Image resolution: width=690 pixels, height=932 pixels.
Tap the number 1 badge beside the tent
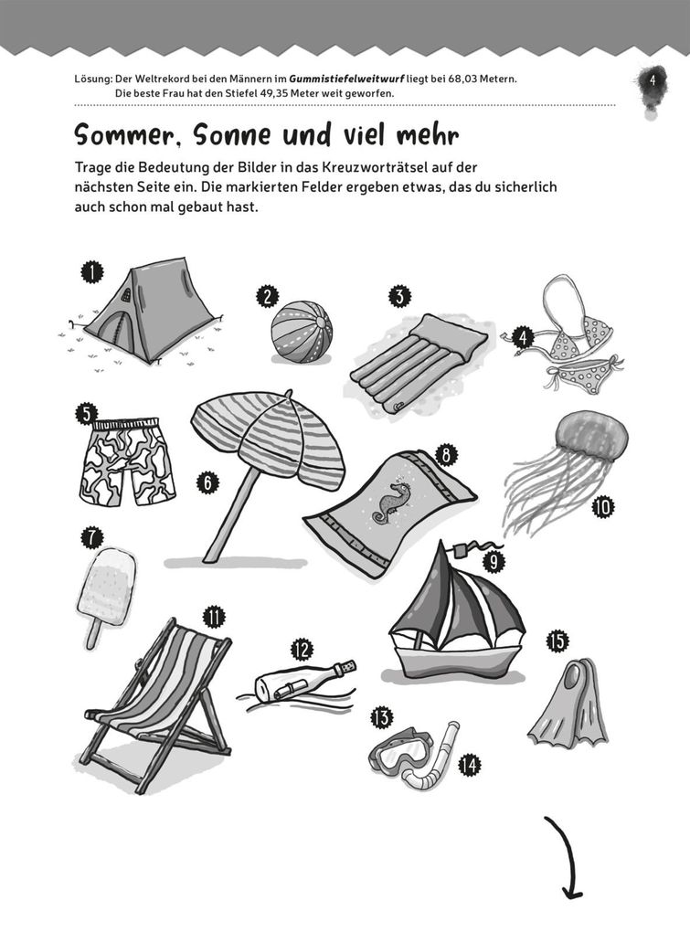[91, 273]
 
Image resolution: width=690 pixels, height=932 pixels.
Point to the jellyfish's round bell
[590, 438]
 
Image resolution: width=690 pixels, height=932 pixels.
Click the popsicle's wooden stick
[93, 633]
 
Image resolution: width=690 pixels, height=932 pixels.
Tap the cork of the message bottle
[348, 667]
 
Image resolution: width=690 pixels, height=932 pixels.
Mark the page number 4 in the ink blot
[652, 80]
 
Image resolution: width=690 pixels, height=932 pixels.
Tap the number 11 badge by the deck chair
[214, 617]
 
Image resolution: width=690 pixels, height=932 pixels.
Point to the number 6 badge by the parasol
[207, 482]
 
